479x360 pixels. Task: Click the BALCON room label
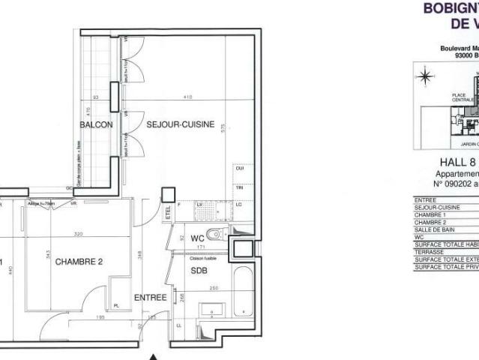click(98, 124)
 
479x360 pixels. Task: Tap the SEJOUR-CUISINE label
click(180, 124)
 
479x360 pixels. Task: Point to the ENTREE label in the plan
click(150, 298)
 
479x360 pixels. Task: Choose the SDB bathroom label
click(198, 270)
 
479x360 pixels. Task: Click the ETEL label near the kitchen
click(169, 211)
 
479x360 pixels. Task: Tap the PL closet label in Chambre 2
click(115, 306)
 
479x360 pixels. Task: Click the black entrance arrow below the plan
click(153, 355)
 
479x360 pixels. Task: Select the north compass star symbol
click(425, 75)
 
